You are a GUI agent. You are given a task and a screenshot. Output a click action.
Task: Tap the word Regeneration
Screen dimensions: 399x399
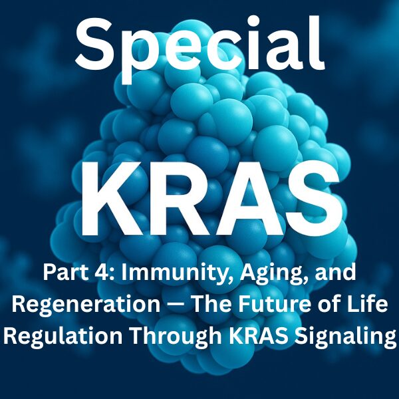pos(86,304)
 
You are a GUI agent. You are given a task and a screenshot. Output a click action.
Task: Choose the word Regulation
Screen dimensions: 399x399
pos(63,336)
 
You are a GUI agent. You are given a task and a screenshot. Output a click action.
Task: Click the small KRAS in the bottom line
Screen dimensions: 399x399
pos(259,335)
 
